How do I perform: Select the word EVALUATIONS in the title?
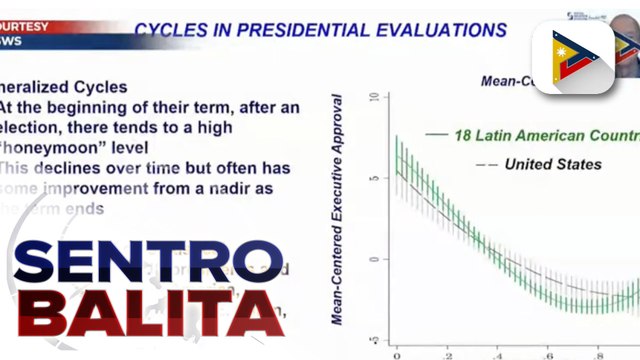pyautogui.click(x=448, y=30)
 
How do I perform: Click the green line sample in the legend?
pyautogui.click(x=435, y=134)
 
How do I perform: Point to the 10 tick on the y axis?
pyautogui.click(x=373, y=98)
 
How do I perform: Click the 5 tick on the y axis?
pyautogui.click(x=373, y=178)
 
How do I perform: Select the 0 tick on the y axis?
pyautogui.click(x=373, y=259)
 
